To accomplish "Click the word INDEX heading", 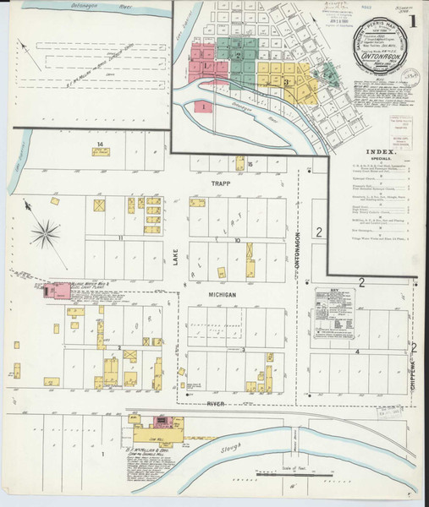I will (x=380, y=151).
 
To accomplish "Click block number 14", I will (x=100, y=145).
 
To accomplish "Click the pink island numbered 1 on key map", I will (x=203, y=107).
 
